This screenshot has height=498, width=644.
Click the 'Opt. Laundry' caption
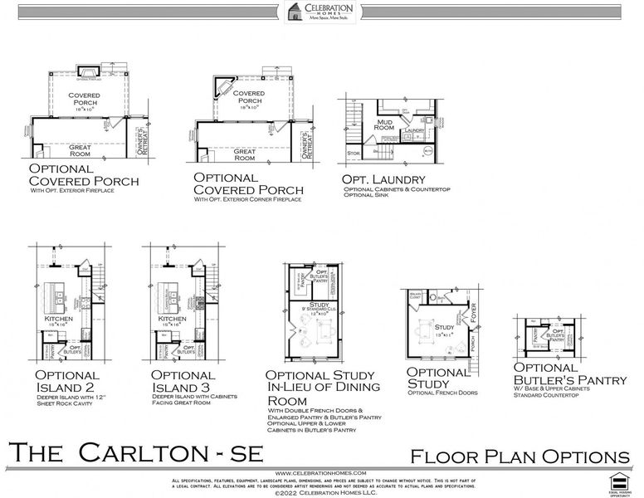(383, 179)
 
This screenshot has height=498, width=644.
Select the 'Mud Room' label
(384, 127)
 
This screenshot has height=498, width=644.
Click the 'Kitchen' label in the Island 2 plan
(59, 319)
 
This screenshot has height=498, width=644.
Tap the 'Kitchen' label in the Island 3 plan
(172, 319)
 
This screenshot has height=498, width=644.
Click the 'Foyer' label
(474, 313)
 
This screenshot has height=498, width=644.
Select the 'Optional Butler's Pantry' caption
(569, 374)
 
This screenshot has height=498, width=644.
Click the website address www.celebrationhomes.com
(321, 472)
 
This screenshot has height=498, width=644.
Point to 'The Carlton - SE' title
(136, 453)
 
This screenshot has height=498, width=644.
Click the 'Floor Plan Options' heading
(520, 456)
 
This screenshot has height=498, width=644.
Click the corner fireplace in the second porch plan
(226, 85)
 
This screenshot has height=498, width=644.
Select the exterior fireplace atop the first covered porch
(89, 73)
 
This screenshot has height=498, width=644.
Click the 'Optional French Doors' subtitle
(442, 393)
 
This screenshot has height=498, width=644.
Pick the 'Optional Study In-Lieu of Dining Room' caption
(322, 387)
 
